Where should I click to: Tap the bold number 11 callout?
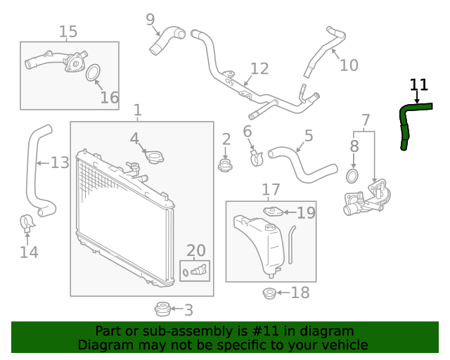pos(419,85)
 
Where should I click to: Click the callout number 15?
pos(68,32)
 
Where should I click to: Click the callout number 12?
pos(259,68)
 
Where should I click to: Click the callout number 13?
pos(60,163)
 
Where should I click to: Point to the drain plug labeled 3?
pos(162,308)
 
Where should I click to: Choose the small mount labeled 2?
pos(226,166)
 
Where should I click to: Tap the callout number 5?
pos(309,136)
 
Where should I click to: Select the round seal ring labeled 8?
pos(354,175)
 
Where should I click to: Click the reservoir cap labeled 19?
pos(273,211)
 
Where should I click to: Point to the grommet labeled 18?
pos(269,293)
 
